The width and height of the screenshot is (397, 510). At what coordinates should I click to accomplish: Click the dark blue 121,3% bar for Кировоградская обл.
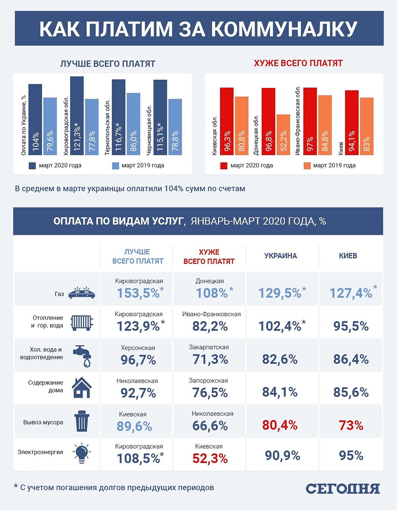77,116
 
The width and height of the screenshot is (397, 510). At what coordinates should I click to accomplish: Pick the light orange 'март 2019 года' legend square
307,165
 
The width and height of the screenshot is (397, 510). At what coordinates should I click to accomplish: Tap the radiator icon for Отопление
82,322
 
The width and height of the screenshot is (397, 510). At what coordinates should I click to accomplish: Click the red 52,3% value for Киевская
210,458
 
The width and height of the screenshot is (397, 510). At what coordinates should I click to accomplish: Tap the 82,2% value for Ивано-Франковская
210,326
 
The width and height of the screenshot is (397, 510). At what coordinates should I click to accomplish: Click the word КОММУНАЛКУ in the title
284,30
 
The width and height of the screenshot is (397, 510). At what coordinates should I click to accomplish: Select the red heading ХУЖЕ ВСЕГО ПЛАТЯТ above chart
298,64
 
